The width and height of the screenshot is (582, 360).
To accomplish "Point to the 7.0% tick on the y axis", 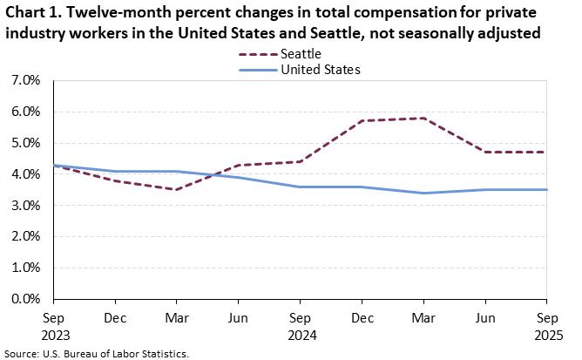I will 27,80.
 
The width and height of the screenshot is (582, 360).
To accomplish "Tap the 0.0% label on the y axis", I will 27,299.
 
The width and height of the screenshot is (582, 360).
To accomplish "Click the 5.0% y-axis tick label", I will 27,143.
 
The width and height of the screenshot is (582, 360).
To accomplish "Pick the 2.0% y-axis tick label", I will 27,236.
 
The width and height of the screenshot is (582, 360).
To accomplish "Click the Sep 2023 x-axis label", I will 54,325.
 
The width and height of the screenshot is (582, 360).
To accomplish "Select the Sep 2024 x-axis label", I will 301,325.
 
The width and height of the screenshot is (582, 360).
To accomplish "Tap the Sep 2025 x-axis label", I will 546,325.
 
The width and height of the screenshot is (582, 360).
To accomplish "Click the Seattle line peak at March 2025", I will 423,118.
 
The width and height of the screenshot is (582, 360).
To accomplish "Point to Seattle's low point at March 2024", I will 177,189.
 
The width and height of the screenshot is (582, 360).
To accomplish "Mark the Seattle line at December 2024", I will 362,121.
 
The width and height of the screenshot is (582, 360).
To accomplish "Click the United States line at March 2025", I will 423,193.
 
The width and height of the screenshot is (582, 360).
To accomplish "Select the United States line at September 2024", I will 301,187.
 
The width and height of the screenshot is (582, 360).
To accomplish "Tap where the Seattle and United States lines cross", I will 211,175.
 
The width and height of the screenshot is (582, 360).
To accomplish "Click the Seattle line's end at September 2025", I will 546,153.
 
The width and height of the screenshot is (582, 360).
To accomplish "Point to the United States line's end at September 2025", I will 546,190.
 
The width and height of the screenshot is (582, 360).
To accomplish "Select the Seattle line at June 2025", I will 485,153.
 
